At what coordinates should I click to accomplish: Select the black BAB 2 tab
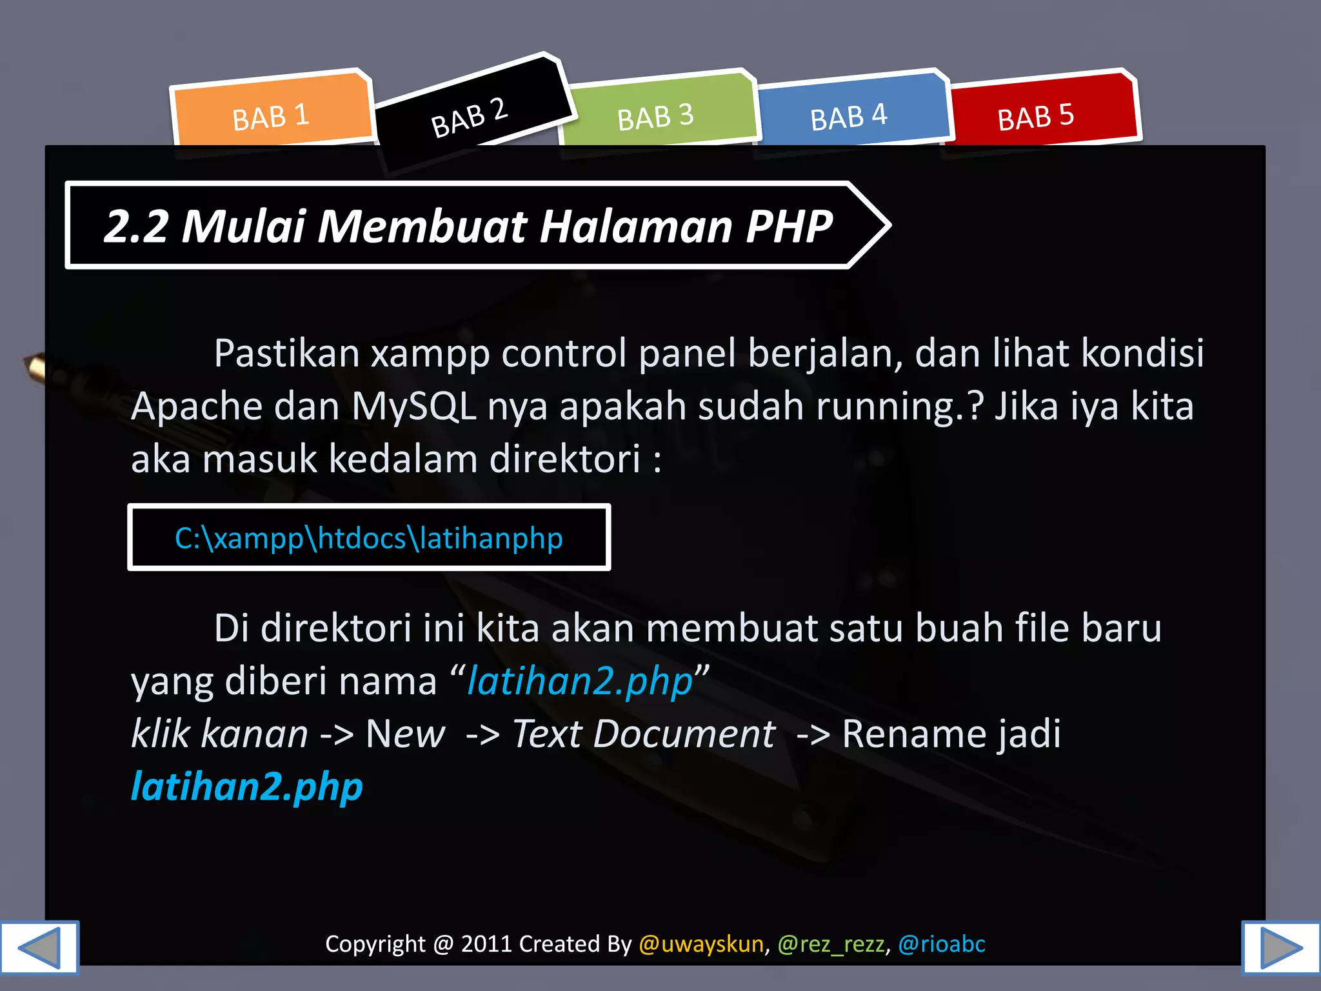[x=470, y=117]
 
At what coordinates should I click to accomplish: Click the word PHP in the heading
[x=789, y=226]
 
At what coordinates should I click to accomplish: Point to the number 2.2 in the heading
[x=136, y=226]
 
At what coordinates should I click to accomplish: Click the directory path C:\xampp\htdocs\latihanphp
[x=368, y=538]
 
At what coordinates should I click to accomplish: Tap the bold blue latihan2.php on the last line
[x=246, y=786]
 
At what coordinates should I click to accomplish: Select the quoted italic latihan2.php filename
[x=579, y=681]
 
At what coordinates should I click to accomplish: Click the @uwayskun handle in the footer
[x=701, y=944]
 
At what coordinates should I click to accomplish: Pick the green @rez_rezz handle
[x=831, y=944]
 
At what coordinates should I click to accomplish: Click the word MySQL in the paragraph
[x=413, y=406]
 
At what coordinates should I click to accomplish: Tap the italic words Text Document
[x=643, y=734]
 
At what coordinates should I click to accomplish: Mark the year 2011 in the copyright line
[x=486, y=944]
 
